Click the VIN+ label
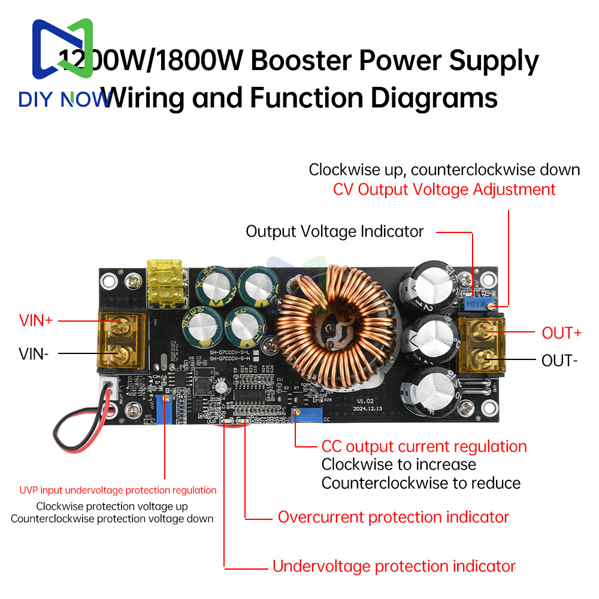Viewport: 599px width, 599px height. (36, 320)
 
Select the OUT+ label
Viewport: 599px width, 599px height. (561, 332)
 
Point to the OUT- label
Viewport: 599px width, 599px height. (559, 361)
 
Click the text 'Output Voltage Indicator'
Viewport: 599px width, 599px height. (335, 232)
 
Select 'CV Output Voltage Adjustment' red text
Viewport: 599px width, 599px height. (444, 190)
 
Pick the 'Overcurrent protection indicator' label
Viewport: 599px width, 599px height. (393, 517)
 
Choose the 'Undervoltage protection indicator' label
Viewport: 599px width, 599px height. (394, 566)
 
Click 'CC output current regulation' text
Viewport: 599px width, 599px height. (424, 446)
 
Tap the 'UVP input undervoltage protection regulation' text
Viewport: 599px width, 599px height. (118, 490)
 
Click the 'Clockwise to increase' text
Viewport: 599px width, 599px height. (399, 464)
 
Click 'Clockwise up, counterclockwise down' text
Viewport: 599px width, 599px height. (444, 170)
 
